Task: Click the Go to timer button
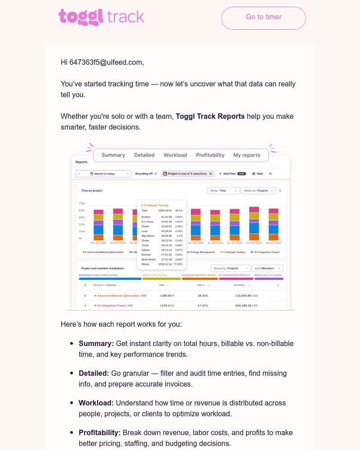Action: click(x=263, y=18)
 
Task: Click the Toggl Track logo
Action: click(x=101, y=17)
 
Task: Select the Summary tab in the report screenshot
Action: click(x=113, y=155)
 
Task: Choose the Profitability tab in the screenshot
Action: click(x=210, y=155)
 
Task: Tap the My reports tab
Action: click(x=247, y=155)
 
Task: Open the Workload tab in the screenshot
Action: click(x=175, y=155)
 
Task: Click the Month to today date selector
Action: click(x=104, y=174)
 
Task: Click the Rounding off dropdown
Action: click(x=146, y=174)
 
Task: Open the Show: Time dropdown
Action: click(x=223, y=191)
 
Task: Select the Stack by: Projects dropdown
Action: click(x=258, y=191)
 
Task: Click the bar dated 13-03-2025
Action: click(x=254, y=224)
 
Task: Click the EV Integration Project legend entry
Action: click(x=265, y=252)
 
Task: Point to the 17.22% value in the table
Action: click(x=202, y=306)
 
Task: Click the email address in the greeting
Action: click(x=106, y=63)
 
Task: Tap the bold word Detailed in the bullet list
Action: click(x=94, y=373)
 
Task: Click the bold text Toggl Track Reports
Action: click(x=210, y=117)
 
